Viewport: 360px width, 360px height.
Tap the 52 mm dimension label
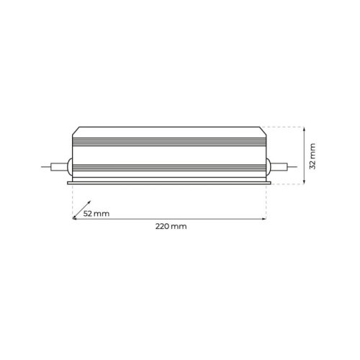(96, 214)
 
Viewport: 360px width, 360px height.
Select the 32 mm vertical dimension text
(312, 155)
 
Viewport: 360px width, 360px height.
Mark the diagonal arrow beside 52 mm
(82, 208)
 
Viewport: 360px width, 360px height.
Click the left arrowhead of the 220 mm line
(75, 218)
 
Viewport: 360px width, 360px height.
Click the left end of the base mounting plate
(69, 182)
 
